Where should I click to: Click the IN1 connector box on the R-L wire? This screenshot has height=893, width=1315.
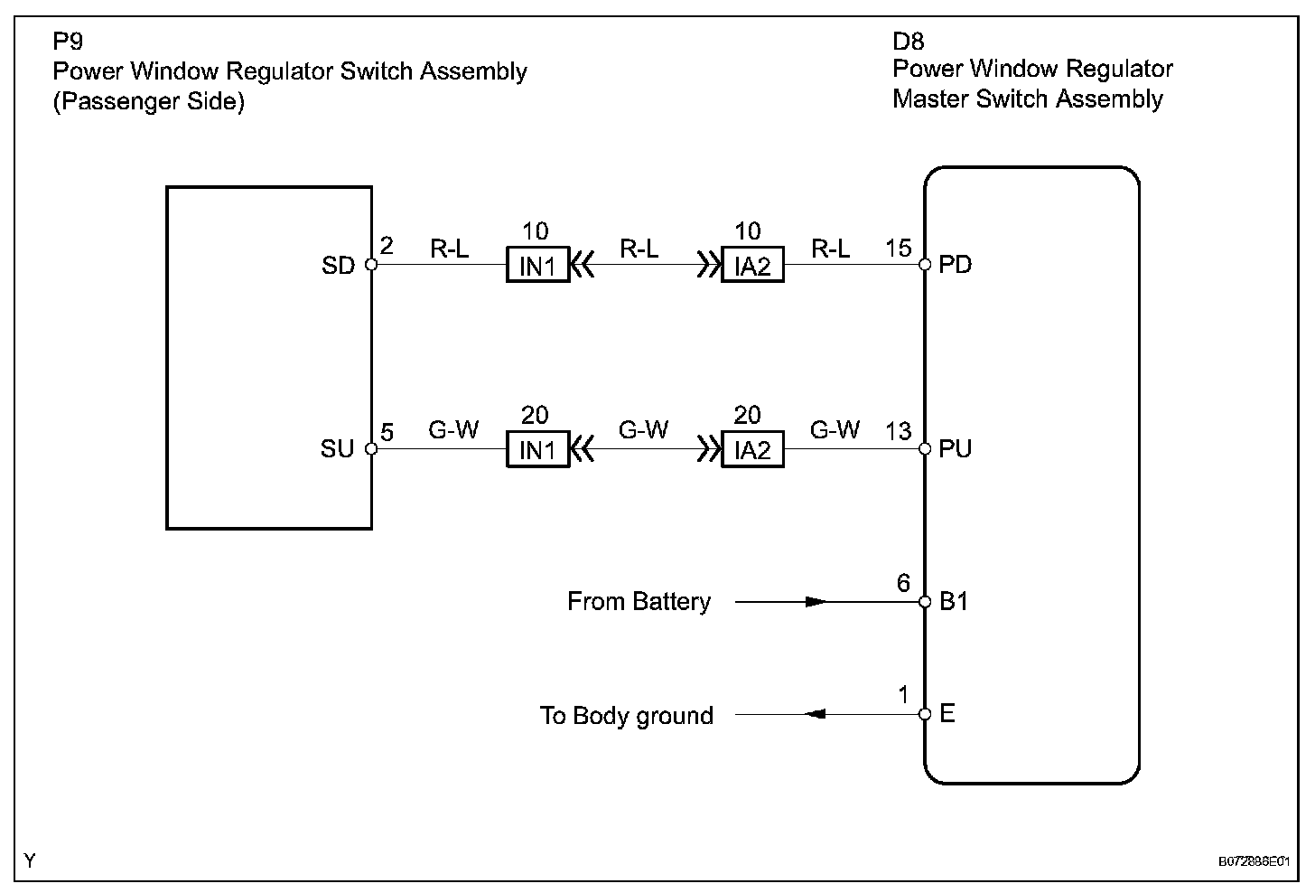pos(537,266)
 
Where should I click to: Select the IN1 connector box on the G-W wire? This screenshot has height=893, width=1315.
pos(537,449)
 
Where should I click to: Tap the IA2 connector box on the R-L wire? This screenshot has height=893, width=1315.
pos(752,266)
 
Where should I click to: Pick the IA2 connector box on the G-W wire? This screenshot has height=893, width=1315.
pos(752,449)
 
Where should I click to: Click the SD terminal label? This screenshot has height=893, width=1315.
pos(338,266)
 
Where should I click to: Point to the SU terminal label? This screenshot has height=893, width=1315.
pos(338,449)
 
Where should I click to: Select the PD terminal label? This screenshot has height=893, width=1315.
pos(956,266)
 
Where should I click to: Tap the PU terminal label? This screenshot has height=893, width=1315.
pos(956,449)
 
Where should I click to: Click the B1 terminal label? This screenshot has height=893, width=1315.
pos(954,602)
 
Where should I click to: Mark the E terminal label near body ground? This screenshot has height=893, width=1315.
pos(947,714)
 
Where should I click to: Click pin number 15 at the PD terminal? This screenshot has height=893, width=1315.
pos(899,248)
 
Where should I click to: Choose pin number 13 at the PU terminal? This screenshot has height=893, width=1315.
pos(899,431)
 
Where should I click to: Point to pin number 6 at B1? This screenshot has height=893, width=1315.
pos(903,583)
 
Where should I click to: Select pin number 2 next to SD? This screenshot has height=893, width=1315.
pos(387,246)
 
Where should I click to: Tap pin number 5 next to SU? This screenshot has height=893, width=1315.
pos(387,432)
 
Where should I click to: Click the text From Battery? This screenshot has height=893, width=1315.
pos(639,602)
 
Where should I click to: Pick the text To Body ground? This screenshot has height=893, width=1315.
pos(627,716)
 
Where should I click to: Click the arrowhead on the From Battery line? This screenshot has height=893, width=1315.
pos(816,602)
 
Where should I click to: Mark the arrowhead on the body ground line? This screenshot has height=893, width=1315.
pos(815,714)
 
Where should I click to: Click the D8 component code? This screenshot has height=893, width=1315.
pos(908,42)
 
